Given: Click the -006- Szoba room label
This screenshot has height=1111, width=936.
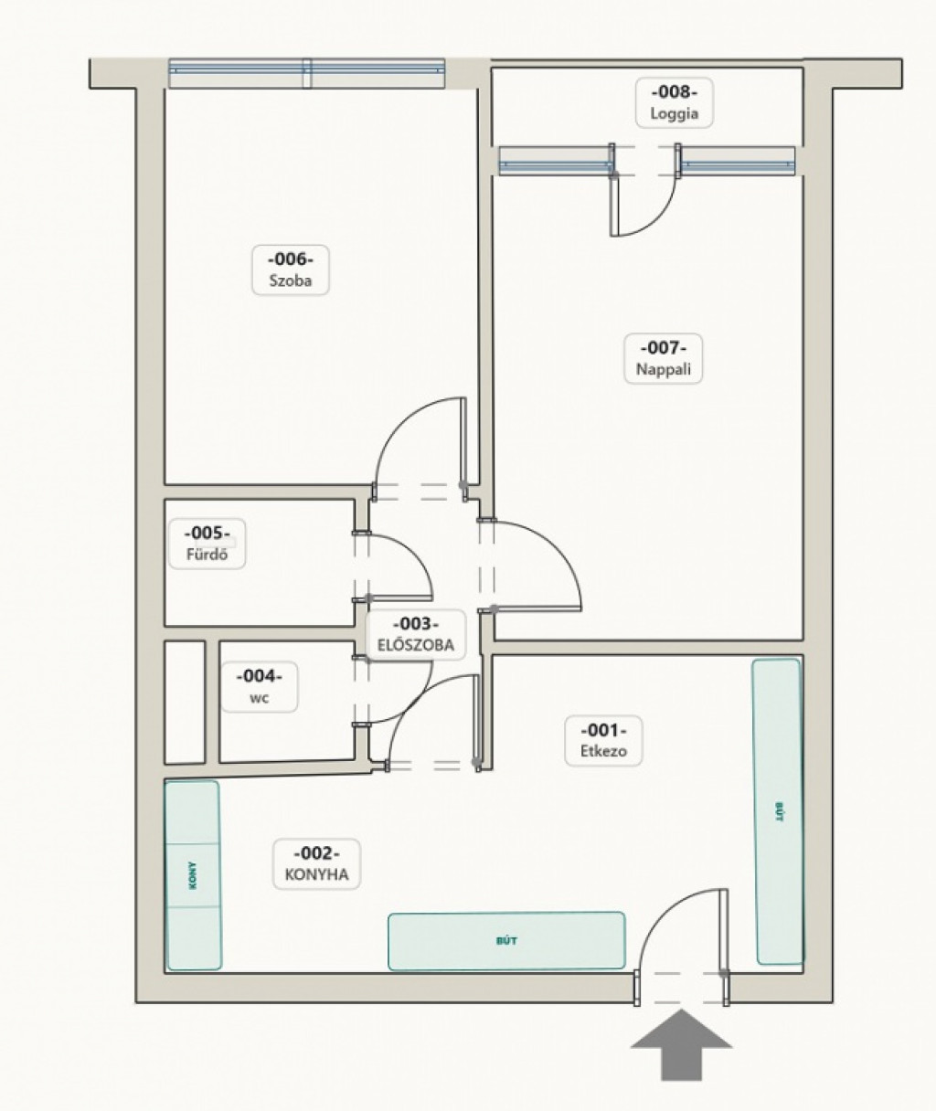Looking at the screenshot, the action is point(290,270).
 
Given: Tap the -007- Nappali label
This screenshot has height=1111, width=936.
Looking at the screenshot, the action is point(663,358).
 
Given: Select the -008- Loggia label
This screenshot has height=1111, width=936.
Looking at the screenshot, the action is point(674,102).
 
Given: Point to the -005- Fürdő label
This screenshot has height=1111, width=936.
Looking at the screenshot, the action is point(207,544).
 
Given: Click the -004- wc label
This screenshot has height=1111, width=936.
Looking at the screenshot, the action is point(260,687).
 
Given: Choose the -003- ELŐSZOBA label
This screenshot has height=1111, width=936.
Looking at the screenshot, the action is point(416,635).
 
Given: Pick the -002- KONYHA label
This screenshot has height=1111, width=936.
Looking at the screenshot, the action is point(317,863).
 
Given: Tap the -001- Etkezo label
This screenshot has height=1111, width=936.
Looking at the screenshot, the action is point(603,741).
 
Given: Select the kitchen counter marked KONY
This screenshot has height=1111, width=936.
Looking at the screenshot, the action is point(193,875).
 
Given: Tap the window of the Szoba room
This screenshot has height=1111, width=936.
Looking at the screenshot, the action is point(307,73).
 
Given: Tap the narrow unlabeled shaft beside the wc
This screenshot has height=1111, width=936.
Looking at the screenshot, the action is point(185,703).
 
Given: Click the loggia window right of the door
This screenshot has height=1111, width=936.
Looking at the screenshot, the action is point(739,161).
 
